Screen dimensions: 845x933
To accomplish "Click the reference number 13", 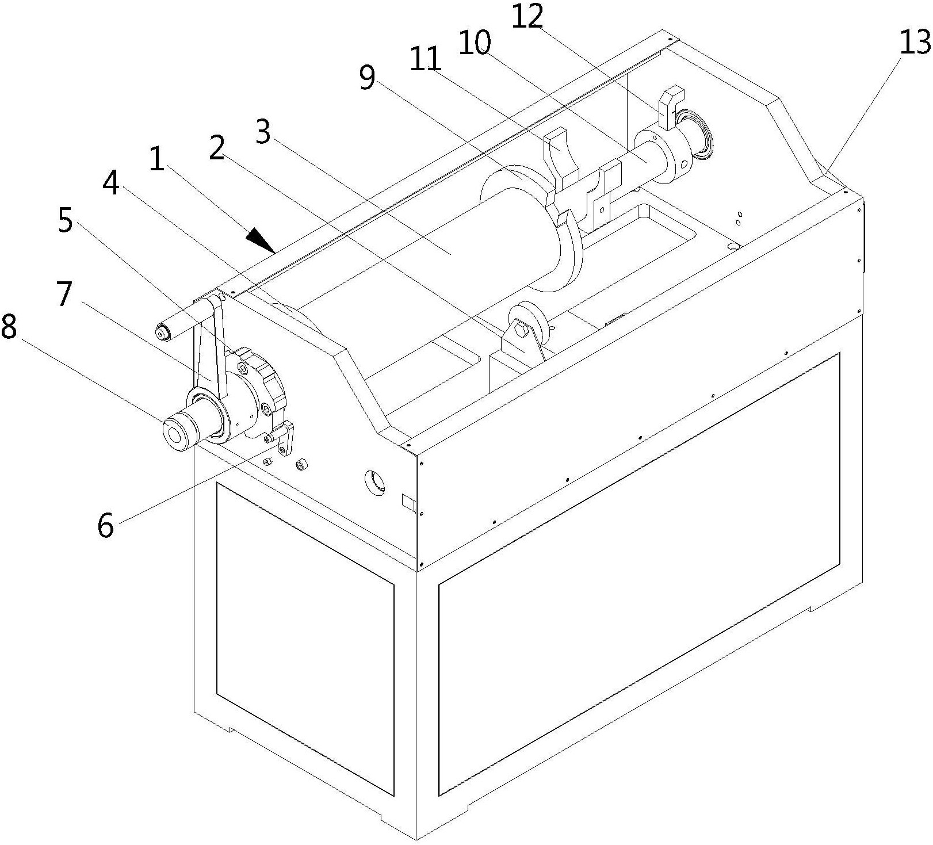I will click(913, 43).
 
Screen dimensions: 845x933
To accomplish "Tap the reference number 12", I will click(527, 17).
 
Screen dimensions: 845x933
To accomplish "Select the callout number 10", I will click(475, 42).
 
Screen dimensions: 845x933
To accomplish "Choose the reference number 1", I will click(156, 159).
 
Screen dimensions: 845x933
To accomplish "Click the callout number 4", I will click(110, 183).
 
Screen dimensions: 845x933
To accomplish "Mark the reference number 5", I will click(66, 221).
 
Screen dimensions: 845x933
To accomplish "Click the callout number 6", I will click(105, 525).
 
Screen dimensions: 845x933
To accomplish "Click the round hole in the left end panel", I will click(375, 481).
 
